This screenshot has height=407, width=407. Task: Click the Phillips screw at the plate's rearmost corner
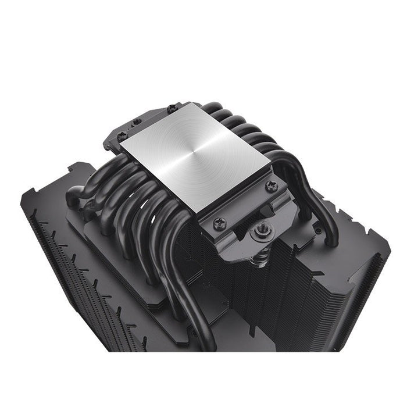click(172, 108)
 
